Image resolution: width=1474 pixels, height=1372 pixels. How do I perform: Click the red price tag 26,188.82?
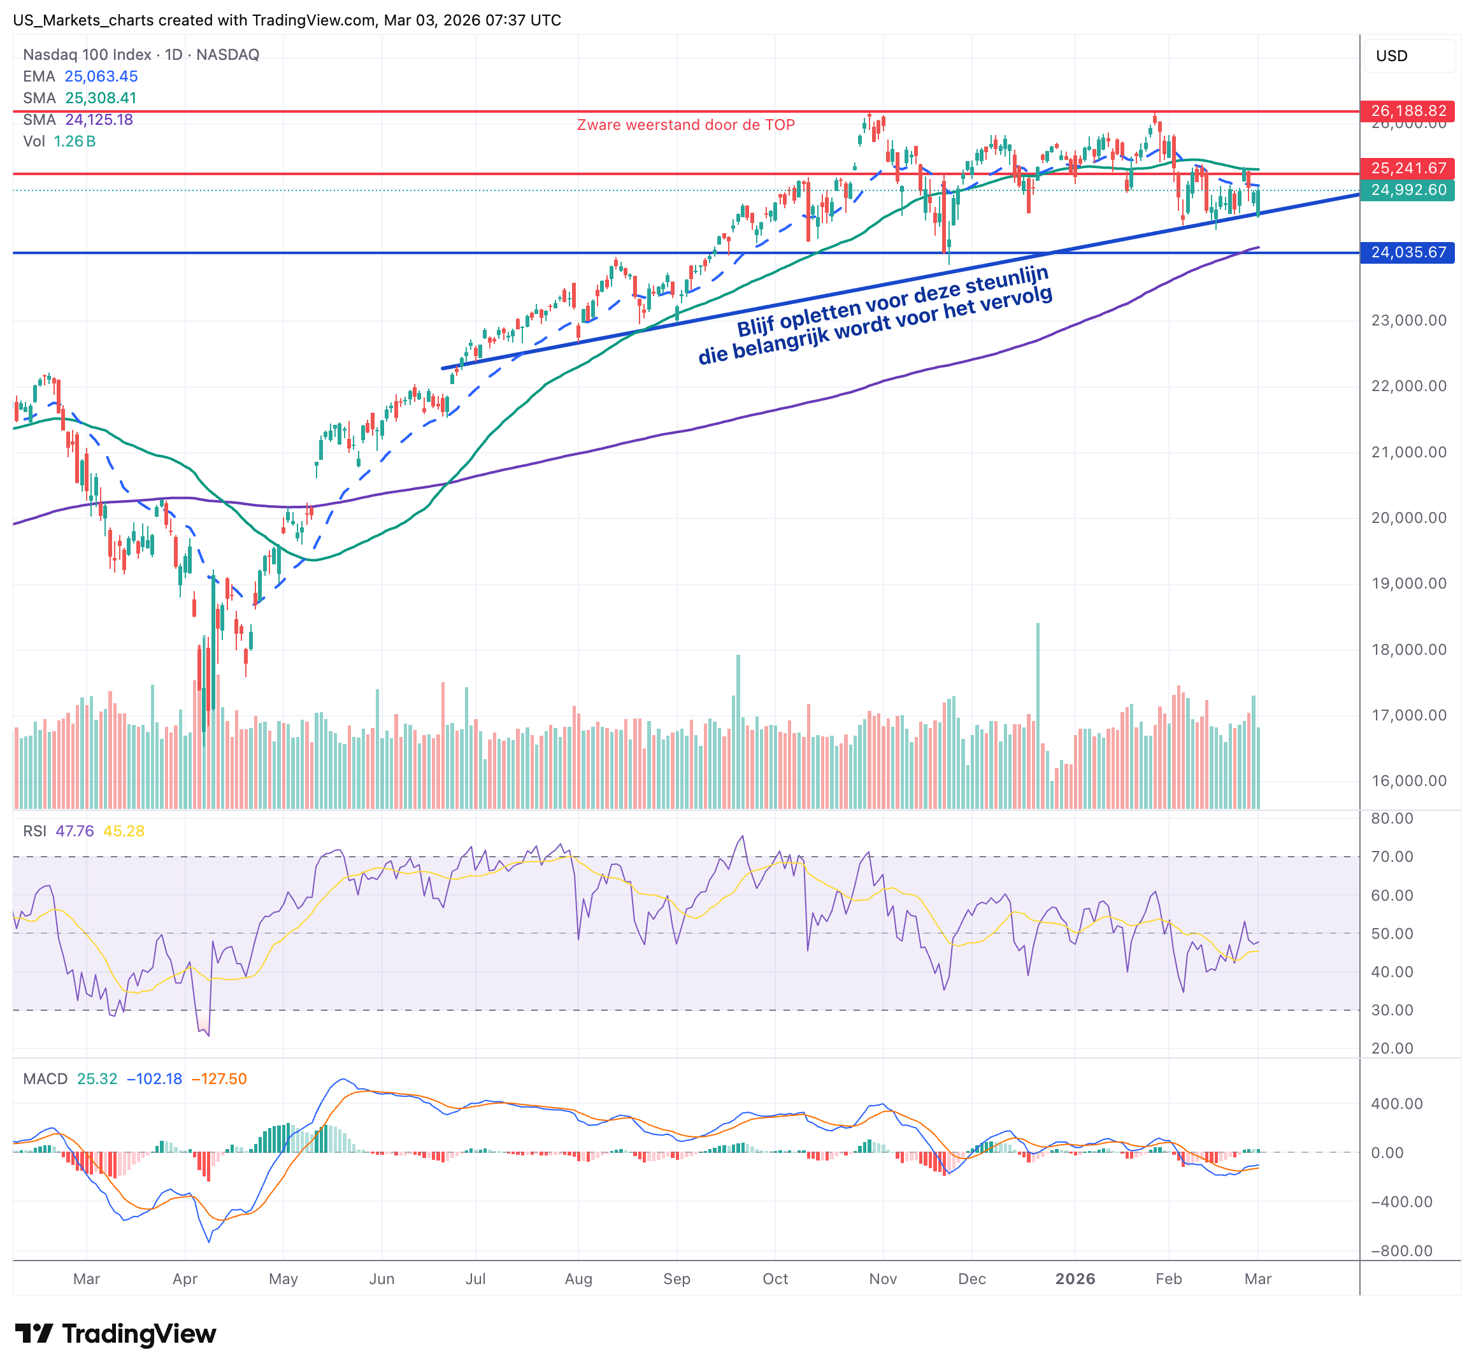pos(1407,111)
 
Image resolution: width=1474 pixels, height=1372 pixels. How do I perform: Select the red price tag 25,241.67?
pos(1407,168)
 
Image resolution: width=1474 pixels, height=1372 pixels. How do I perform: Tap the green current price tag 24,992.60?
pos(1407,190)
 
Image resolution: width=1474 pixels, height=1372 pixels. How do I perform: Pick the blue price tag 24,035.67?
pos(1407,252)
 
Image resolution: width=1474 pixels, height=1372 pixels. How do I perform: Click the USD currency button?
pos(1392,55)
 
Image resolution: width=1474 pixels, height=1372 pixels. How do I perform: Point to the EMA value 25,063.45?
pos(101,76)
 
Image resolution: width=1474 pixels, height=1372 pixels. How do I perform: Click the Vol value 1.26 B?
pos(74,141)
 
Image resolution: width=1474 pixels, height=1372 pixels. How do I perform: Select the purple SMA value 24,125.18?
pos(99,119)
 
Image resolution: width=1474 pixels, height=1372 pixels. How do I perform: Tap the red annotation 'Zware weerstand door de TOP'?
pos(686,125)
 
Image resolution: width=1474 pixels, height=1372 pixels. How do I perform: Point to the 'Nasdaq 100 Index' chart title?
pos(87,55)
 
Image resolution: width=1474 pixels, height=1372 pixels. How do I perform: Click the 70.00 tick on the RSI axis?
pos(1392,856)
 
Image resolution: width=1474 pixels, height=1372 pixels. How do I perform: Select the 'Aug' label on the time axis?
pos(578,1278)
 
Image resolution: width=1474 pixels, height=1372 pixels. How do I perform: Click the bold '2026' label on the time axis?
pos(1075,1278)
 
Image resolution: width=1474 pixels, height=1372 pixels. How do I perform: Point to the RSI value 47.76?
pos(75,831)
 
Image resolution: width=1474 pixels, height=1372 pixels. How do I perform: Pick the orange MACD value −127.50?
pos(220,1078)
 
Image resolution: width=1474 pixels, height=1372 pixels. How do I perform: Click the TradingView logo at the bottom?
pos(116,1333)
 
